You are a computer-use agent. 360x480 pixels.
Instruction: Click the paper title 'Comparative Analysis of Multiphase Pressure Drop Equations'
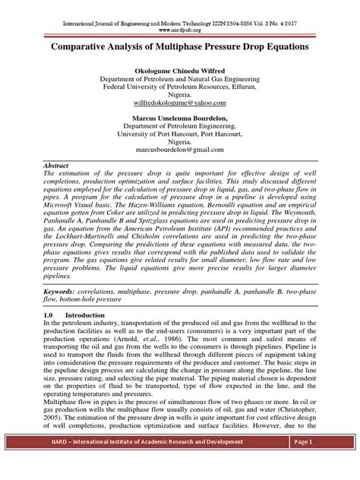coord(179,46)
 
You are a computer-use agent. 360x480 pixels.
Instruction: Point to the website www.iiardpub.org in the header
coord(179,21)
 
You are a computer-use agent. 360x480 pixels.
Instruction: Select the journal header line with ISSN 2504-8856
coord(179,13)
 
